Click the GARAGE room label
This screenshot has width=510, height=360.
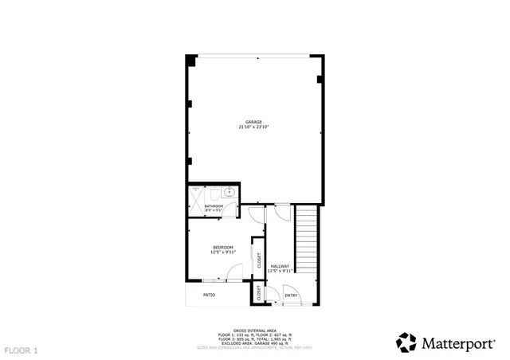[x=253, y=122]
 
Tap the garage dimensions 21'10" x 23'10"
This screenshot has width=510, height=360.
[x=253, y=127]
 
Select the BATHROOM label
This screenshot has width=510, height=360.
[x=214, y=206]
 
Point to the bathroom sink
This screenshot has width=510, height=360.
[x=229, y=192]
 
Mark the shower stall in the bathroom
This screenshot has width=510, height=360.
[x=195, y=199]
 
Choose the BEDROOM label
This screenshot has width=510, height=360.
[x=222, y=248]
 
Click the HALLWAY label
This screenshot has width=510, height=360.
[x=280, y=266]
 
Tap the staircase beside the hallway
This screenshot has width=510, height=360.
[x=307, y=239]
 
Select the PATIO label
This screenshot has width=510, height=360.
[x=209, y=295]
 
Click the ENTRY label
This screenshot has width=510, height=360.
[x=291, y=295]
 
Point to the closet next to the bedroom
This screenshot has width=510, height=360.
[x=258, y=259]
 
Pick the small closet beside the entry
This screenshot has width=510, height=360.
[x=258, y=293]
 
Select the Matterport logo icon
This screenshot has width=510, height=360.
[x=406, y=342]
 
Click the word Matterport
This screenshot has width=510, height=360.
[x=457, y=343]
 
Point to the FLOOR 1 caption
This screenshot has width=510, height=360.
[x=21, y=350]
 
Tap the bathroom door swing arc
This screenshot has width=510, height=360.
[x=231, y=209]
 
